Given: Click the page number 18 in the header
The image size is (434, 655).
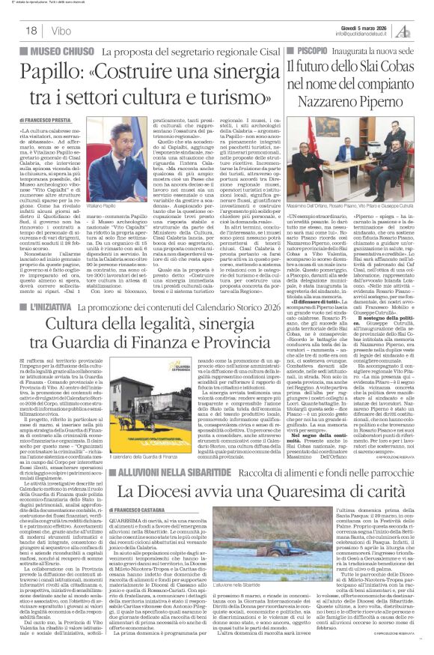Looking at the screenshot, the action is pos(31,29).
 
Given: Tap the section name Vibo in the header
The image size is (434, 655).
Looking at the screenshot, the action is pos(62,29).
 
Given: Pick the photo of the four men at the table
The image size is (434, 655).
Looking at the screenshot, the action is pos(351,154).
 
